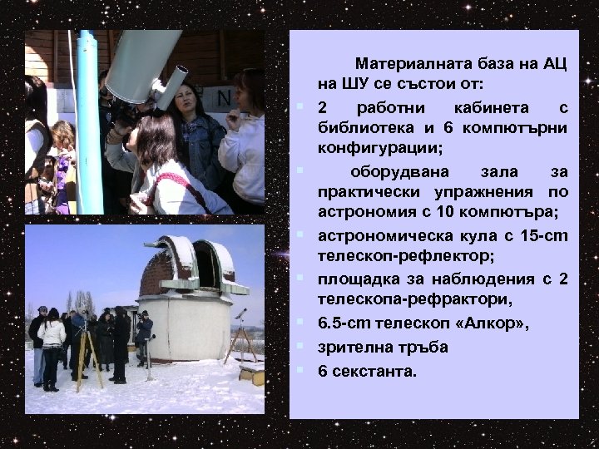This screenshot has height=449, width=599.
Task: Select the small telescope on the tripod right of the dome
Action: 240,315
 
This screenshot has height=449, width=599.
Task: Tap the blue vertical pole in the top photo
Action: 87,116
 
